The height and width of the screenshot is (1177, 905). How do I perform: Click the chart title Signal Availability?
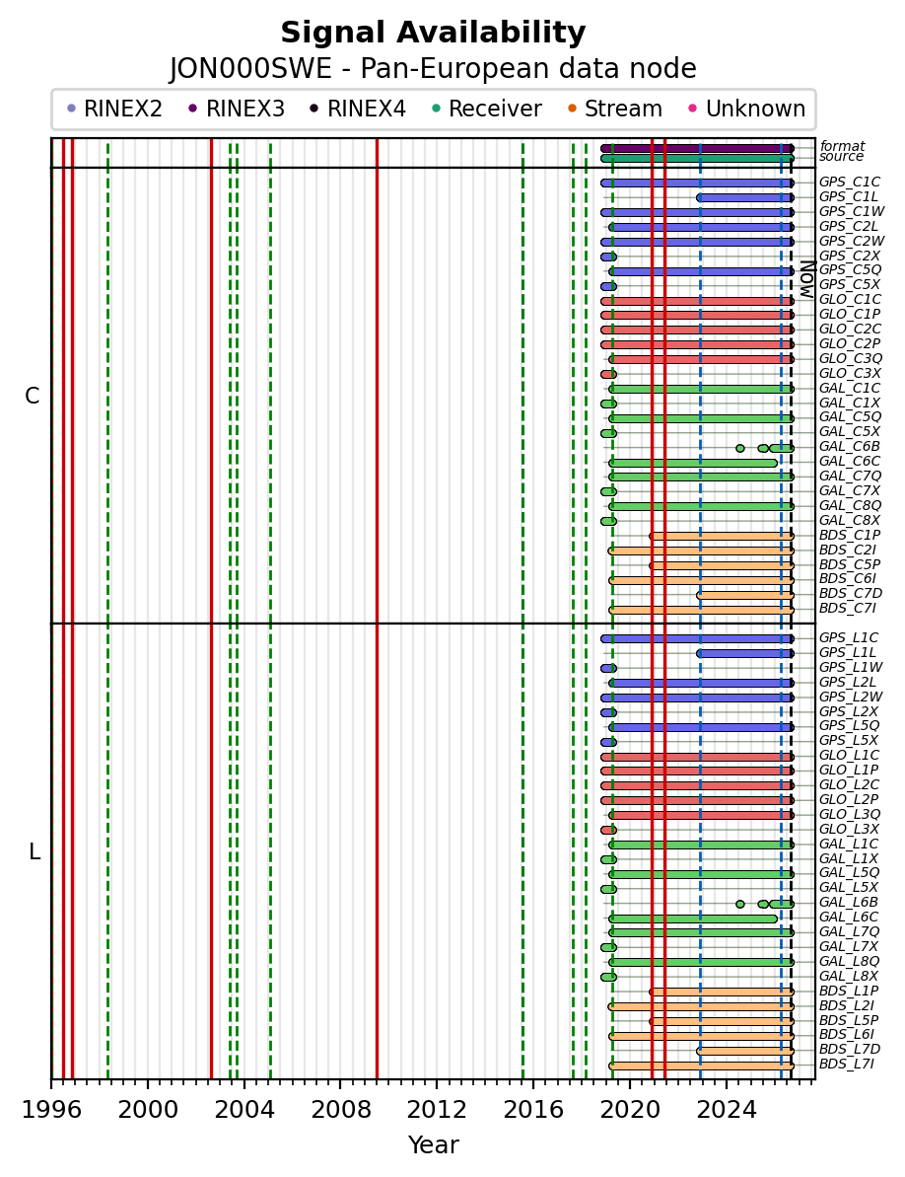click(433, 33)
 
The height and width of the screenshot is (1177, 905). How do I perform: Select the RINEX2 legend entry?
click(114, 109)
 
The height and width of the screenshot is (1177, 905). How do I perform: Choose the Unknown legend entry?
click(747, 109)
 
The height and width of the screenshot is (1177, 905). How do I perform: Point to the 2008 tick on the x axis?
click(340, 1081)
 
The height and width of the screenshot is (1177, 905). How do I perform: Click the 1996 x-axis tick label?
click(51, 1109)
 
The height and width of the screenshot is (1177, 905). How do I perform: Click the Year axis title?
click(433, 1144)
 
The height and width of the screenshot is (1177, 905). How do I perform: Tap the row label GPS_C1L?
click(848, 196)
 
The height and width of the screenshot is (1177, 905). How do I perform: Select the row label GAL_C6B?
click(850, 447)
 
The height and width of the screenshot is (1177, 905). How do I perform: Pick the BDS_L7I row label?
click(847, 1064)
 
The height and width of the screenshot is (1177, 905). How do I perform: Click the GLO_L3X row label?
click(849, 829)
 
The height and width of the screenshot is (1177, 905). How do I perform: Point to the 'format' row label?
click(842, 146)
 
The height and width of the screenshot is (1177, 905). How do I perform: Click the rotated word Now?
click(806, 279)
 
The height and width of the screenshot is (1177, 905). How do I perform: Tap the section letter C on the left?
click(32, 396)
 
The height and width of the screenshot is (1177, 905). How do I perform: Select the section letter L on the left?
click(34, 852)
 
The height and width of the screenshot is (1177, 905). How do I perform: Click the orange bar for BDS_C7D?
click(744, 595)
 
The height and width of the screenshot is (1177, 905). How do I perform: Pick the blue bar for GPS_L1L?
click(744, 654)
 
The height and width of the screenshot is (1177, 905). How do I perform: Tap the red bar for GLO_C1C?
click(697, 301)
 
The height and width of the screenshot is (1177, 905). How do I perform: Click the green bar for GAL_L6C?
click(693, 919)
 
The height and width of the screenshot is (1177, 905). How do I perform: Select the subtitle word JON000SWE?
click(250, 69)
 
